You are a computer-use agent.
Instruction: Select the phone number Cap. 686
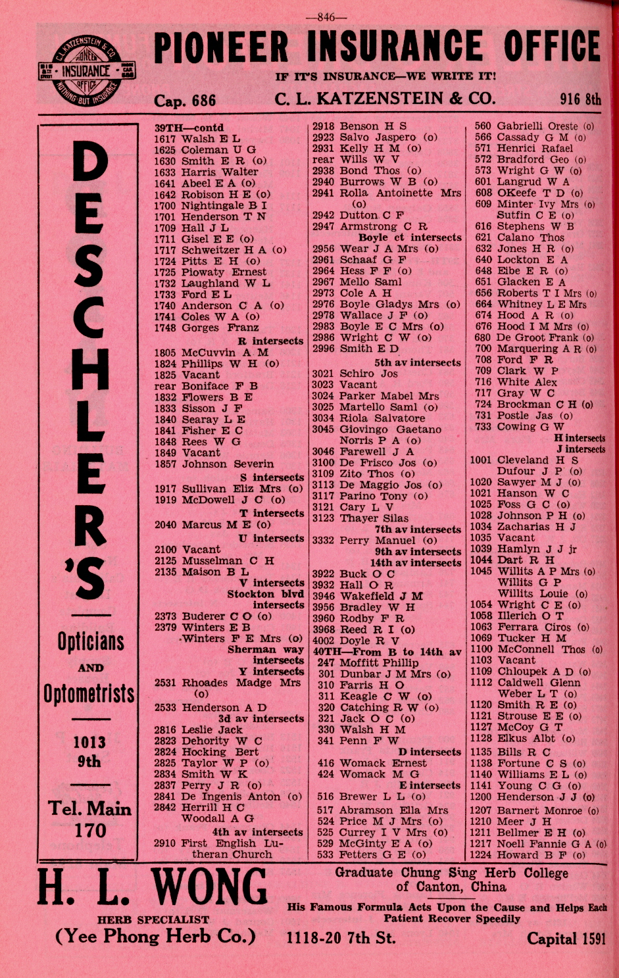tap(185, 100)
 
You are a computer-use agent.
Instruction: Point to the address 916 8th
tap(580, 99)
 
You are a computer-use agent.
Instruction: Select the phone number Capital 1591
tap(566, 938)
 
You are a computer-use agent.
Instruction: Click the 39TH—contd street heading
tap(189, 128)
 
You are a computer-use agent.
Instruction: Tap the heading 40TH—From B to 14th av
tap(387, 652)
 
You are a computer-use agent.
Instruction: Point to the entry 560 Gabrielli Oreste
tap(534, 126)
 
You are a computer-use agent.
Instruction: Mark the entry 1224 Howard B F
tap(527, 855)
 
